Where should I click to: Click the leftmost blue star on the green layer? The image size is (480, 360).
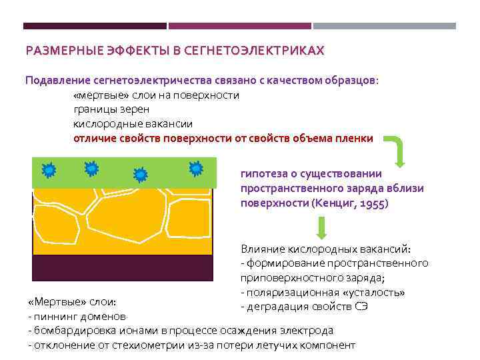click(x=49, y=171)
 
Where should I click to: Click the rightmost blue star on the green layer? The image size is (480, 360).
click(x=196, y=169)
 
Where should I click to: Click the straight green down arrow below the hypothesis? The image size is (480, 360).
click(x=321, y=227)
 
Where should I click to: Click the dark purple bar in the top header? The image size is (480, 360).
click(x=95, y=26)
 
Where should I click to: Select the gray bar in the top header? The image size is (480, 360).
click(x=385, y=26)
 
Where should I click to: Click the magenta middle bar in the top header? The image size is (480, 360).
click(x=240, y=26)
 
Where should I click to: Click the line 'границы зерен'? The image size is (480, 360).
click(x=111, y=109)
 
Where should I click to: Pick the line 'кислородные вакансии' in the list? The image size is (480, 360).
click(x=133, y=124)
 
